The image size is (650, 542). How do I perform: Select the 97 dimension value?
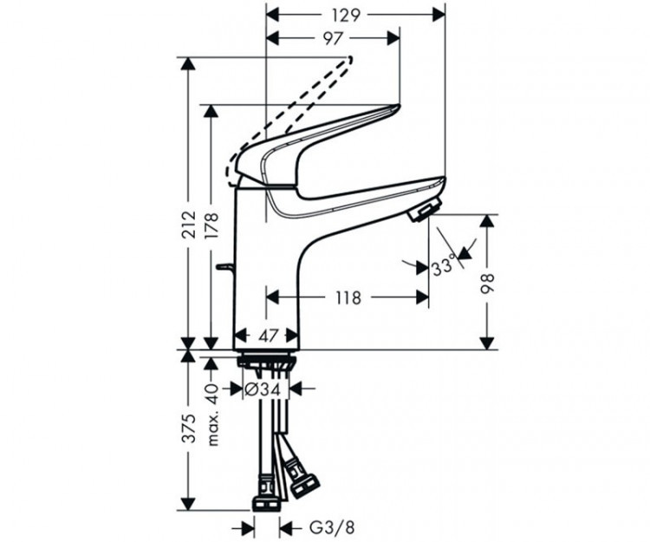pos(333,38)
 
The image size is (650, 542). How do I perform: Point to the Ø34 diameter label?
pos(262,389)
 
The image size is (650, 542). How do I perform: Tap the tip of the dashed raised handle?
pos(350,59)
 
